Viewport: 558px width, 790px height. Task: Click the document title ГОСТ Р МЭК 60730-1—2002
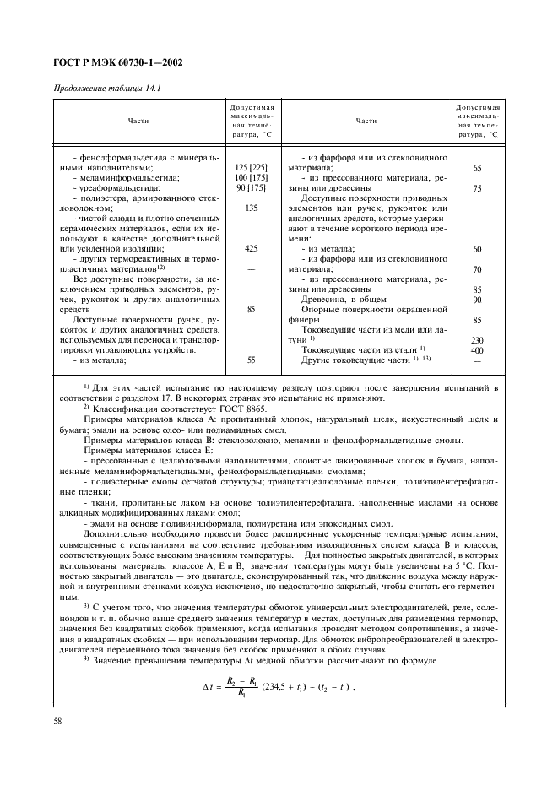(x=119, y=62)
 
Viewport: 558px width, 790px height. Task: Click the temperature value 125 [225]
(x=251, y=167)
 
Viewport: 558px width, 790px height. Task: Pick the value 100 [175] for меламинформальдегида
(x=251, y=178)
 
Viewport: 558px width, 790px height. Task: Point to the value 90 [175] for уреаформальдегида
(x=251, y=189)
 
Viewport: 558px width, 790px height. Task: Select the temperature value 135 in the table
(x=251, y=208)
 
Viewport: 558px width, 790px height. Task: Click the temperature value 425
(x=251, y=248)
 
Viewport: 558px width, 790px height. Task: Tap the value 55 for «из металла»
(x=251, y=360)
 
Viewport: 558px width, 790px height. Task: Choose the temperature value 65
(x=478, y=167)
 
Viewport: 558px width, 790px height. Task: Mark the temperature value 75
(x=478, y=189)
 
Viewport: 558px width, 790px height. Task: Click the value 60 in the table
(x=478, y=249)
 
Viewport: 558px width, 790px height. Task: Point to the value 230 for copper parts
(x=478, y=339)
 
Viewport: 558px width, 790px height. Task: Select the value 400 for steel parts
(x=478, y=349)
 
